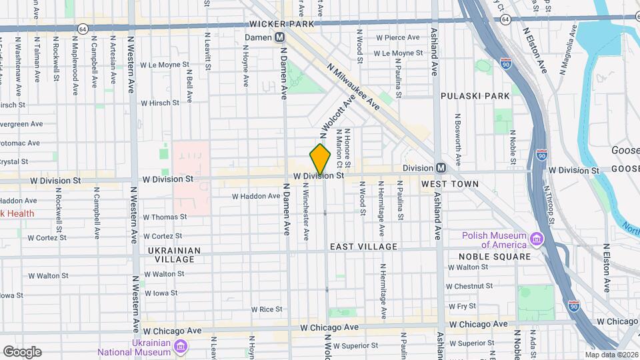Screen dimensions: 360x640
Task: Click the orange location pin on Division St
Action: (320, 160)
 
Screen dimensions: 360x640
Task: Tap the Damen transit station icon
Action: (280, 37)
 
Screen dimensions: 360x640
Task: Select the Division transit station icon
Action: (441, 168)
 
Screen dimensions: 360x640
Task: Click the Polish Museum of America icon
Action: (536, 239)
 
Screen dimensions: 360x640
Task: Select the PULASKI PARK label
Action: (475, 96)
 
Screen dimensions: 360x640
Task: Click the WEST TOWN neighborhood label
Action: (450, 183)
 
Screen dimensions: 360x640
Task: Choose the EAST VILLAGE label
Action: (364, 247)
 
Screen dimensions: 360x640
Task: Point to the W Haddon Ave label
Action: (256, 197)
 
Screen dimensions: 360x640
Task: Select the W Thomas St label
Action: (165, 217)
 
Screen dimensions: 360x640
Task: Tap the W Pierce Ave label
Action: (397, 38)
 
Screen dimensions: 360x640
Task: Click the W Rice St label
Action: (267, 309)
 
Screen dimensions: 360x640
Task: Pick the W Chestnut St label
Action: (470, 286)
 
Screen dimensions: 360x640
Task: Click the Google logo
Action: (22, 352)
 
